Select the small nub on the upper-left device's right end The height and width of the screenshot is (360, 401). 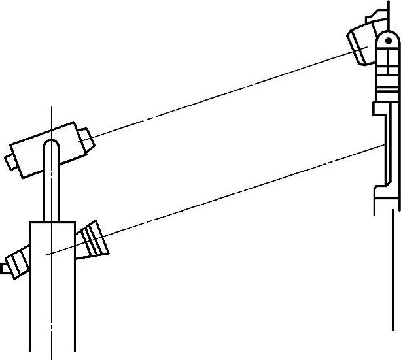click(x=84, y=139)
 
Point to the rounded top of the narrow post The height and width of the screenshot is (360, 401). click(x=50, y=145)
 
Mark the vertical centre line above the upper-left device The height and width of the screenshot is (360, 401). click(x=50, y=121)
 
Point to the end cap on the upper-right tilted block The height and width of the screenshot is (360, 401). click(x=358, y=52)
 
